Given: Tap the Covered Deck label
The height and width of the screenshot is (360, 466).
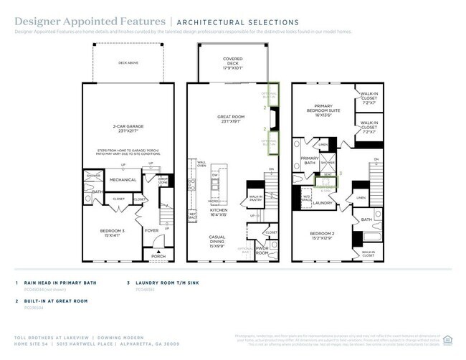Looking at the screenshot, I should point(232,62).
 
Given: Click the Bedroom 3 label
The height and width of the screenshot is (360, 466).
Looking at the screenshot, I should point(113,232).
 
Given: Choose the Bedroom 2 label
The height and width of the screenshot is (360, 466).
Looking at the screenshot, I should point(324,236).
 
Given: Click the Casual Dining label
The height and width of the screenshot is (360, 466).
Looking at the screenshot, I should point(218,239).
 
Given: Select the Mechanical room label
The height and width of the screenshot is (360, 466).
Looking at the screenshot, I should point(123,179).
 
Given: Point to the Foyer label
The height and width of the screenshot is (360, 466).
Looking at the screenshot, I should point(152,231).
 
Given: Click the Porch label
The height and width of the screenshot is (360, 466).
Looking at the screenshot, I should point(158,256).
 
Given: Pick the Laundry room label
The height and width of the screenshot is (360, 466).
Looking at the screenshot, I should point(325,204).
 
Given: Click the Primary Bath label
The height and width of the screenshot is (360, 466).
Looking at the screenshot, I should point(310,161).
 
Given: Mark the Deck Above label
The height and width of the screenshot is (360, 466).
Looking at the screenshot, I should point(127,62).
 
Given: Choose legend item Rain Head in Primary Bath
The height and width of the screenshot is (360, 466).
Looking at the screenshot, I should point(60,283).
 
